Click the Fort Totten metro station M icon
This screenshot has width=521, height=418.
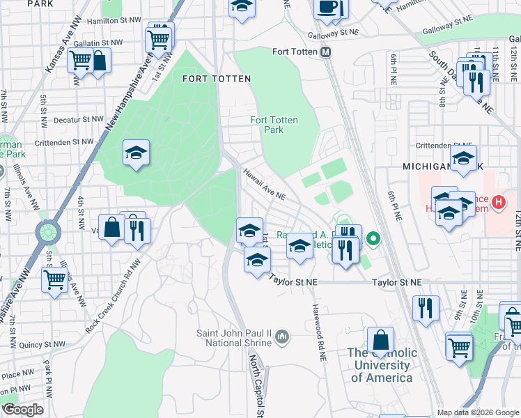[x=325, y=52]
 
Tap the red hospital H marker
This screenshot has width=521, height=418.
[x=498, y=203]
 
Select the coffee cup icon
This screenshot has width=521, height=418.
[x=327, y=8]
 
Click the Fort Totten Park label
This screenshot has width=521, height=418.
[x=274, y=125]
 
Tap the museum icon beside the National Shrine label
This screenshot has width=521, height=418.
[x=282, y=337]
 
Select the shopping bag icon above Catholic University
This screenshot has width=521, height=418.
[x=380, y=341]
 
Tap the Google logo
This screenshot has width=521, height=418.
[x=22, y=409]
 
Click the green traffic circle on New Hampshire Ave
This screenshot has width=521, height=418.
[x=47, y=231]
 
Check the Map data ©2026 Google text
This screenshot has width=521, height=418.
[x=477, y=412]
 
